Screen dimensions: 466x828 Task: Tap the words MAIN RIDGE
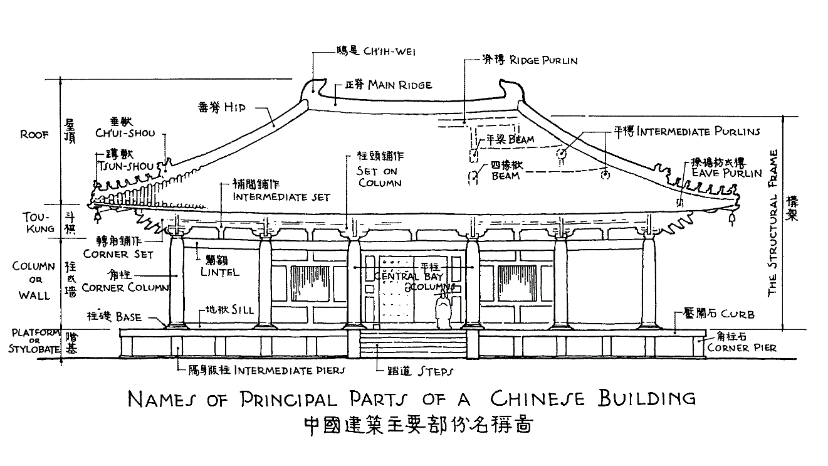[x=400, y=84]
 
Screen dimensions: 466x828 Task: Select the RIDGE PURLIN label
[x=543, y=61]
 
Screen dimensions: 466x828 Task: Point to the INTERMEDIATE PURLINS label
[x=698, y=132]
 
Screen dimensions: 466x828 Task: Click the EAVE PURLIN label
[x=726, y=173]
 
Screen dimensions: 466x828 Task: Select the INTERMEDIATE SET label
[x=281, y=196]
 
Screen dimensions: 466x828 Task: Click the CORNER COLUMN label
[x=125, y=288]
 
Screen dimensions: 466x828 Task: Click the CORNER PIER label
[x=742, y=347]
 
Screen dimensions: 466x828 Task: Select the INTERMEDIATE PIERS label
[x=290, y=371]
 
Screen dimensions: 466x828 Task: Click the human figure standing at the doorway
[x=444, y=312]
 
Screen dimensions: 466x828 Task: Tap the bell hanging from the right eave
[x=731, y=219]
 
